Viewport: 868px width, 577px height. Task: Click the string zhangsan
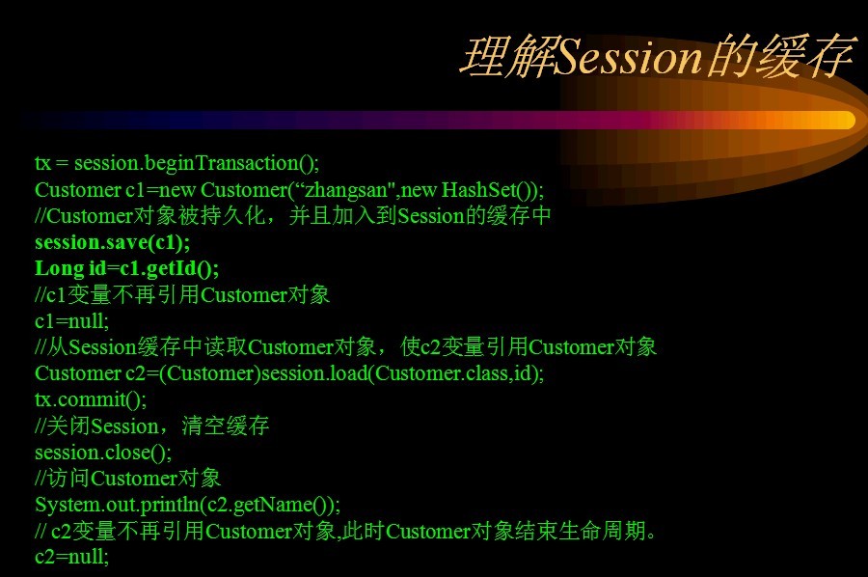tap(346, 190)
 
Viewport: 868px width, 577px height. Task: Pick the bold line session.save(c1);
tap(113, 242)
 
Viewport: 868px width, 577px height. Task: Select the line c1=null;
tap(72, 321)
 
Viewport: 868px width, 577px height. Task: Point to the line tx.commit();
tap(91, 399)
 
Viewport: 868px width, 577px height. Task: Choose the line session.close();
tap(103, 453)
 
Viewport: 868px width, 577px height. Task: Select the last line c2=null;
tap(72, 557)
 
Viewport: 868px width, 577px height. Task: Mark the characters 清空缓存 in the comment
tap(226, 426)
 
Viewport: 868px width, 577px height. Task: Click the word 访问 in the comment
tap(68, 479)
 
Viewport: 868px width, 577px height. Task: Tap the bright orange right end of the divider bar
tap(844, 121)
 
